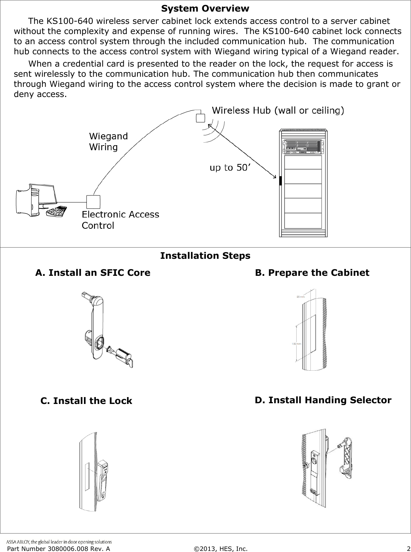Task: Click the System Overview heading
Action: click(x=205, y=8)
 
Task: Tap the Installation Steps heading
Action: click(x=205, y=256)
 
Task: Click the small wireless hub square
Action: click(x=200, y=118)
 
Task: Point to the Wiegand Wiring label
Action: click(x=108, y=142)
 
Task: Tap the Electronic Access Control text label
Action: click(x=120, y=220)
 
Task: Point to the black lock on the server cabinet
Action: click(x=280, y=181)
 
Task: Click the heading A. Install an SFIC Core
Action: click(x=93, y=273)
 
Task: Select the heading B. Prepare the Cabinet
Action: click(x=312, y=273)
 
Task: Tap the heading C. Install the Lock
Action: click(x=86, y=401)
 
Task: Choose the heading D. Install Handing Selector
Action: click(x=323, y=400)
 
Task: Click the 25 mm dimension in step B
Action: click(x=301, y=297)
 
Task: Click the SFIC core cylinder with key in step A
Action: click(x=123, y=357)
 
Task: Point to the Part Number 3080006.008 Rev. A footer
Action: click(x=59, y=549)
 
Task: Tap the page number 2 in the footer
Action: click(x=407, y=549)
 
